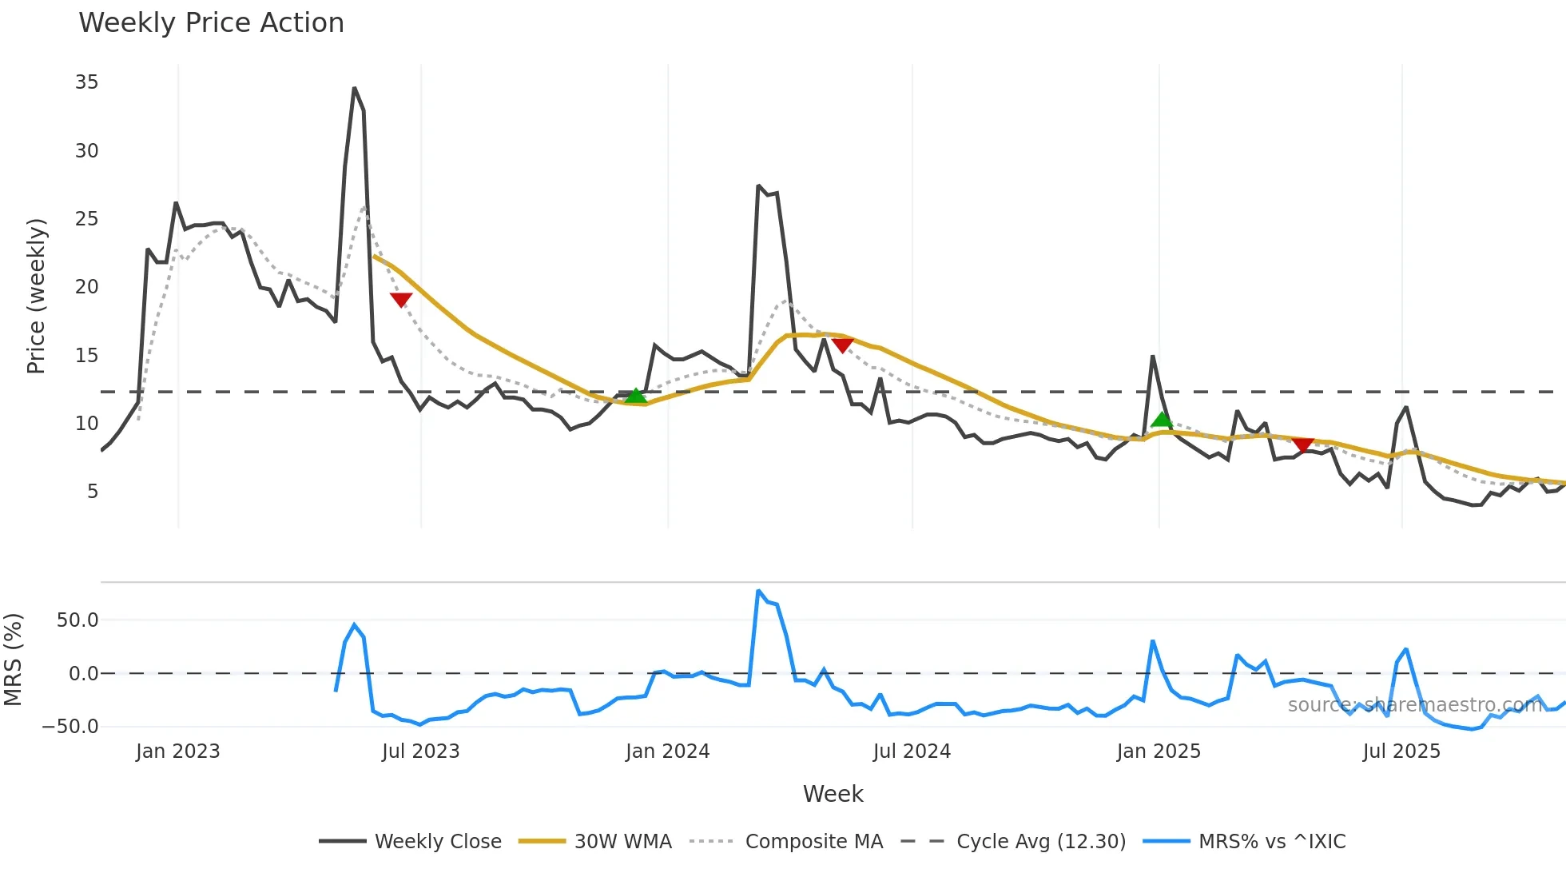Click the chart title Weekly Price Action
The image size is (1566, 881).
click(211, 23)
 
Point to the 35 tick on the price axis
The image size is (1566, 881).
click(86, 82)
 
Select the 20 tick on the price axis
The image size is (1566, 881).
click(86, 287)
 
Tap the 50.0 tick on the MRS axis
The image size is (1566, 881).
click(78, 620)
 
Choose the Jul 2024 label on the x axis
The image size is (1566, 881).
click(912, 751)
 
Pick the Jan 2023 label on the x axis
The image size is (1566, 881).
click(177, 751)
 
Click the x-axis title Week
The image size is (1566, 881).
click(833, 794)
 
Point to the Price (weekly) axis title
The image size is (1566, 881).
click(36, 296)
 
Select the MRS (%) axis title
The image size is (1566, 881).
click(14, 660)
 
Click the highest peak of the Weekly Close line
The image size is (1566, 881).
click(354, 89)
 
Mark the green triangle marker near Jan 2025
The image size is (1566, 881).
click(1162, 419)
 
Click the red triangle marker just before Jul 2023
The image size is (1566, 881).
click(401, 300)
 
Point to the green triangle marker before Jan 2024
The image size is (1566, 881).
click(635, 396)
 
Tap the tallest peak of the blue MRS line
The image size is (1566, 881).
click(758, 591)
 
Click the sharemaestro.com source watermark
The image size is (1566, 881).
click(1414, 705)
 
